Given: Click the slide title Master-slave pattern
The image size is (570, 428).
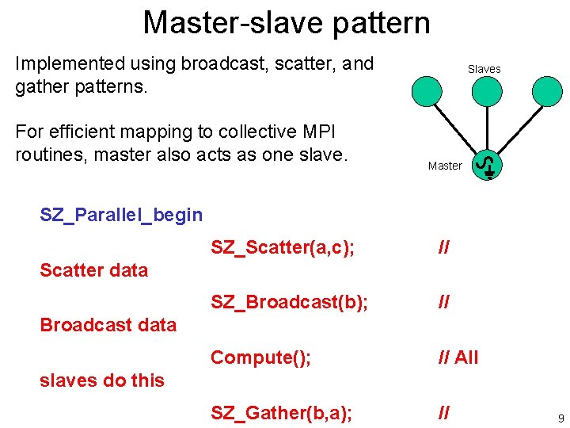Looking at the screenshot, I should (286, 22).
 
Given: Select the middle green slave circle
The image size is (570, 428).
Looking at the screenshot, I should (487, 90).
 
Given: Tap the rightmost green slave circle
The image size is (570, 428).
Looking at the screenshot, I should (547, 90).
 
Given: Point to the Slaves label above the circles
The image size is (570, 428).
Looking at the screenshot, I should (484, 69).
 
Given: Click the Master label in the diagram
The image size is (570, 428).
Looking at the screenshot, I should (444, 166).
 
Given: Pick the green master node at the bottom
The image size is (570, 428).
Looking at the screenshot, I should (488, 166).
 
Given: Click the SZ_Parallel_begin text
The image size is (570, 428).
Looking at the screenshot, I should (121, 215).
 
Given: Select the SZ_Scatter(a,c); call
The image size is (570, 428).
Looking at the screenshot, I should (282, 248).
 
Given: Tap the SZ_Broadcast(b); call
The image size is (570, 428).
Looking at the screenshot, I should (289, 303).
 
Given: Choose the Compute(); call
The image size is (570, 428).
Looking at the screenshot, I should (260, 357).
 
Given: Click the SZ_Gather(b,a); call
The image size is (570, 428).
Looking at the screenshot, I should (281, 412).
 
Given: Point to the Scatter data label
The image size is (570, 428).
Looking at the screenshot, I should (93, 270).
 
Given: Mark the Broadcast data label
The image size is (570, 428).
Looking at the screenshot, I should (108, 325).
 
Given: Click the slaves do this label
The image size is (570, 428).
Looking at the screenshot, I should (101, 380).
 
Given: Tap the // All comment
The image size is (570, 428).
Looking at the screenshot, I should (458, 357).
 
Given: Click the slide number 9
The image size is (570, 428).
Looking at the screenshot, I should (560, 418).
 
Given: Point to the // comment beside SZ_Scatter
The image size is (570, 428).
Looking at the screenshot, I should (444, 248).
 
